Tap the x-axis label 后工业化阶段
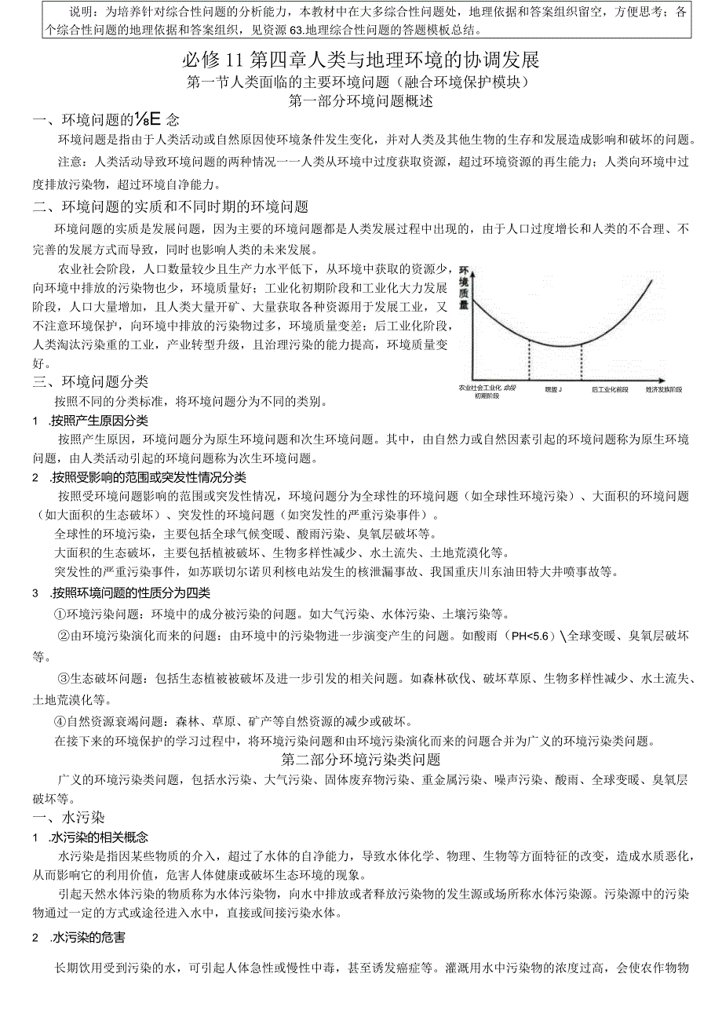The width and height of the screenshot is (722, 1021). (x=610, y=389)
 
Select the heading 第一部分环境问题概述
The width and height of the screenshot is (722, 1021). (x=360, y=101)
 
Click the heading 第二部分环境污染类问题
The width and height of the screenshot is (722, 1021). (x=360, y=760)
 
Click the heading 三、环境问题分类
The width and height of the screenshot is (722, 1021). (x=91, y=381)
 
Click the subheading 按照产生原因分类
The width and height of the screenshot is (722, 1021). (x=98, y=420)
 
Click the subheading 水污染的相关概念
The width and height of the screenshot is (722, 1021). (x=98, y=837)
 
